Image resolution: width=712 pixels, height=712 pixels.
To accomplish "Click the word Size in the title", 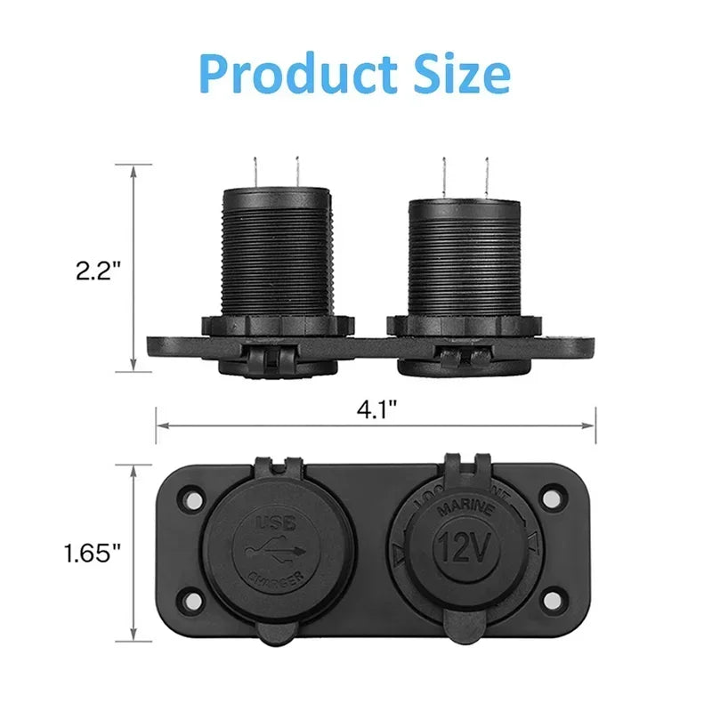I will (459, 76).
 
